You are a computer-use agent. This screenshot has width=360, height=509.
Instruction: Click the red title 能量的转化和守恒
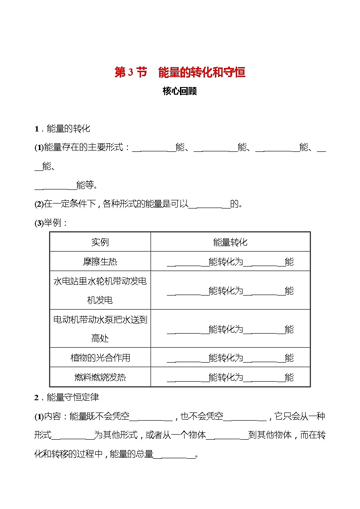pyautogui.click(x=201, y=73)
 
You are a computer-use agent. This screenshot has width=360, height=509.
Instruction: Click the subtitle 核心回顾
pyautogui.click(x=180, y=91)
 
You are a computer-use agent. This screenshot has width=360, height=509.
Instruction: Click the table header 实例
pyautogui.click(x=100, y=242)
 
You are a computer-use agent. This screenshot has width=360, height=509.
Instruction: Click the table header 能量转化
pyautogui.click(x=230, y=242)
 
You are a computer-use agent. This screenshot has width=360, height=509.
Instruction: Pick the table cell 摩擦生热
pyautogui.click(x=100, y=262)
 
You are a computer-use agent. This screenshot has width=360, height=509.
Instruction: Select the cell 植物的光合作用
pyautogui.click(x=100, y=358)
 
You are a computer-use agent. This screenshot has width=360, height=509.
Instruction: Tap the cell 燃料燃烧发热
pyautogui.click(x=100, y=377)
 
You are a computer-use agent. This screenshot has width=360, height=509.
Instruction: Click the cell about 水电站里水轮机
pyautogui.click(x=100, y=291)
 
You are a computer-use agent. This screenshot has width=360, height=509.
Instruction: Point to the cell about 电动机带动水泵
pyautogui.click(x=100, y=329)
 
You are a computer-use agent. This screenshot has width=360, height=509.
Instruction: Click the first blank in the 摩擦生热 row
pyautogui.click(x=187, y=263)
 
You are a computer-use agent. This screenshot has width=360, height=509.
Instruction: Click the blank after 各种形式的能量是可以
pyautogui.click(x=209, y=205)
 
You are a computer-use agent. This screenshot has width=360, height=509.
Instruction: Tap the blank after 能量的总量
pyautogui.click(x=174, y=455)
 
